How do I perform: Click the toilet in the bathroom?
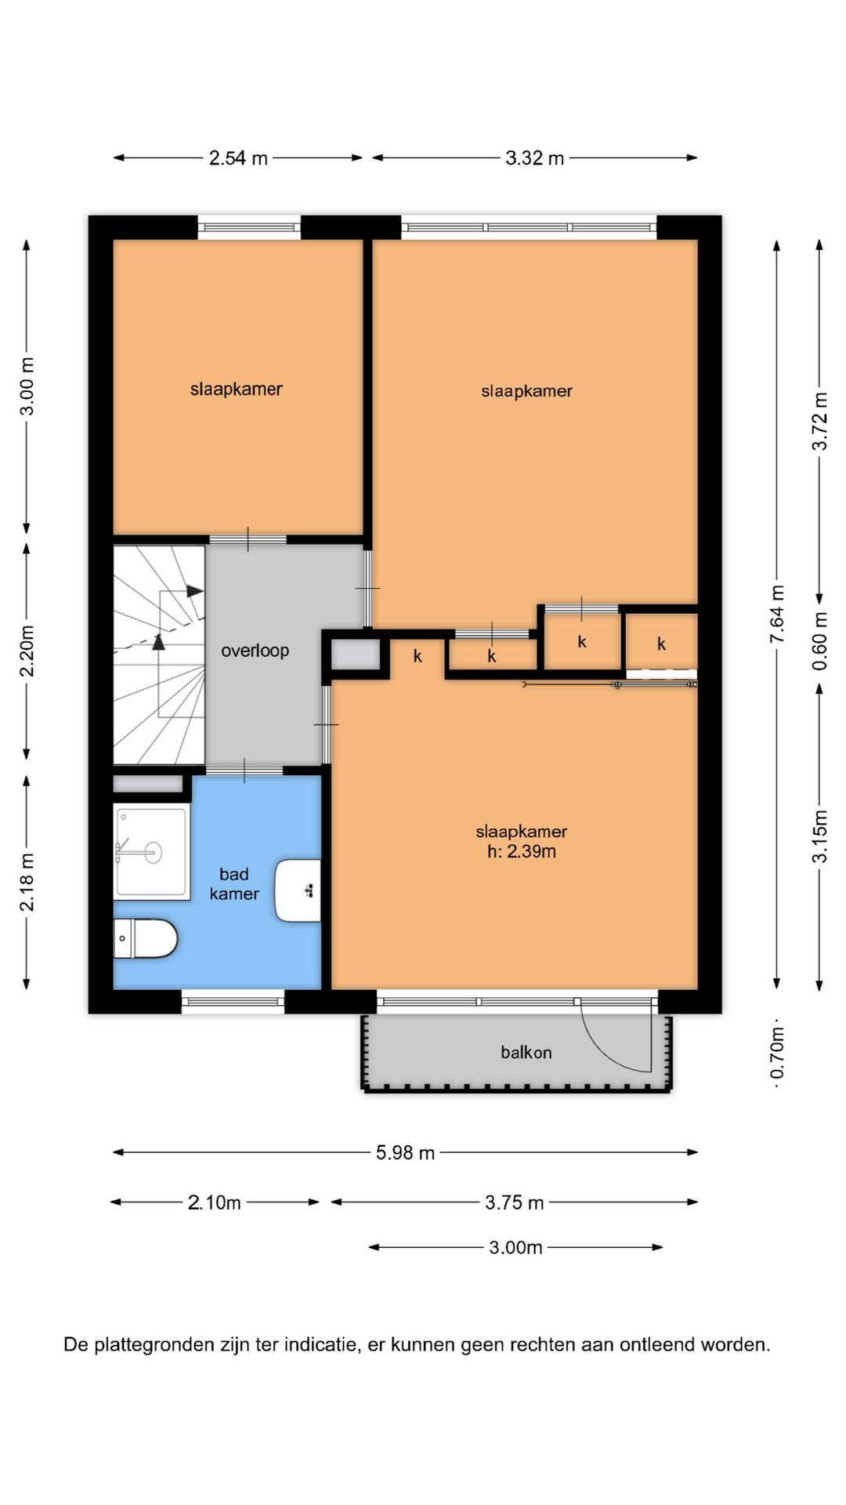coord(146,938)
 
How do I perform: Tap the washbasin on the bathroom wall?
coord(298,890)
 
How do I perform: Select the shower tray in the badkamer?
coord(152,851)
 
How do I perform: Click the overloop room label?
coord(255,651)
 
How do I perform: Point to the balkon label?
coord(526,1052)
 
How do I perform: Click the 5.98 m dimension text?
coord(405,1152)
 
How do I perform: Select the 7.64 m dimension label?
coord(777,615)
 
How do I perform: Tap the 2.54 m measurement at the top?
coord(238,158)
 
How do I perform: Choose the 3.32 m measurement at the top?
coord(535,158)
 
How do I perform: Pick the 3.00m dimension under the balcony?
coord(515,1247)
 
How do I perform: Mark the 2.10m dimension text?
coord(214,1202)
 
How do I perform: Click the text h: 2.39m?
coord(522,852)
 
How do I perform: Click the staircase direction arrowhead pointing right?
coord(195,591)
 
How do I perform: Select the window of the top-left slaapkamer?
coord(249,227)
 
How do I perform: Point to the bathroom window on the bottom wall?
coord(233,1002)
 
